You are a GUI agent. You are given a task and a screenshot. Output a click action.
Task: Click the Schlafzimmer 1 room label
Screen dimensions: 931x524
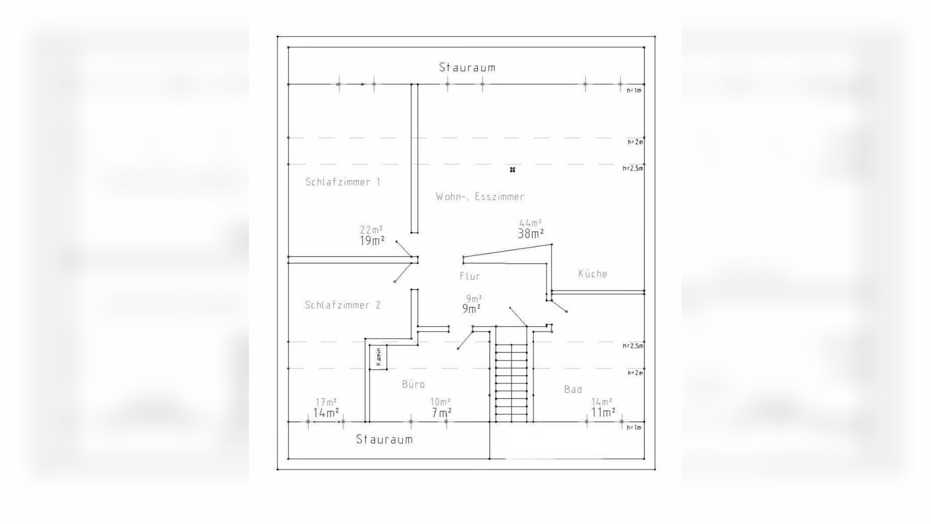(343, 182)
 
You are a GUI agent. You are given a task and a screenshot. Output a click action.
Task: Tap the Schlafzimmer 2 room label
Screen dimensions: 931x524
(343, 305)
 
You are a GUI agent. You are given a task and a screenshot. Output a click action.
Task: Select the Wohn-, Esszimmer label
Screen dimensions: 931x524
(480, 196)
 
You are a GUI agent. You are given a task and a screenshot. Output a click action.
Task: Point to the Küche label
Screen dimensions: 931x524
(592, 273)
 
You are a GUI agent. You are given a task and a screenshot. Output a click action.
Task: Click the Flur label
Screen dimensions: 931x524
(470, 276)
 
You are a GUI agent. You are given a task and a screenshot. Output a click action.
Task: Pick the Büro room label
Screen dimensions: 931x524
(413, 384)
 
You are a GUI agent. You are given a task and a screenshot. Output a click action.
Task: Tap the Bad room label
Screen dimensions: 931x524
(573, 389)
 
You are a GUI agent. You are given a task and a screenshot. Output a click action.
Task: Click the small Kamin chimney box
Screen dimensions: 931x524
(378, 357)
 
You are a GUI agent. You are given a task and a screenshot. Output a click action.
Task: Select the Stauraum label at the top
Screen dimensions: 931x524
(467, 67)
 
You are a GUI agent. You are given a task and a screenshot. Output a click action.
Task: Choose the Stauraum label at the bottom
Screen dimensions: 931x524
(384, 439)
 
